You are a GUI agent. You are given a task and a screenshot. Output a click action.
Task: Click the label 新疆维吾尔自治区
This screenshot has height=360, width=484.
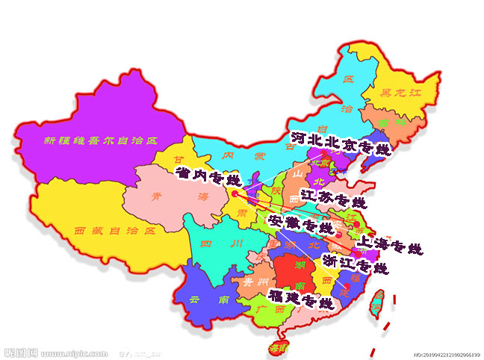coord(102,140)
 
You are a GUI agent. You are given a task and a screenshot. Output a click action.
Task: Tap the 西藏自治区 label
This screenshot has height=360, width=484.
coord(114,231)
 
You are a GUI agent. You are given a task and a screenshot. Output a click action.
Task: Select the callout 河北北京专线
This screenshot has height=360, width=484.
coord(341,144)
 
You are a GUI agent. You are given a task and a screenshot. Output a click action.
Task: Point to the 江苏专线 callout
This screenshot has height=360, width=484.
coord(334,199)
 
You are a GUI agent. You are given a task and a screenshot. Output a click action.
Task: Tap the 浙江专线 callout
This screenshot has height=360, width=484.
coord(355,263)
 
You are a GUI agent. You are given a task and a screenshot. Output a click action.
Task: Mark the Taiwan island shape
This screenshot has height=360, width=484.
coord(379,302)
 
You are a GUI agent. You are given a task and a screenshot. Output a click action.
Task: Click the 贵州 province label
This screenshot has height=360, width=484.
coord(249,283)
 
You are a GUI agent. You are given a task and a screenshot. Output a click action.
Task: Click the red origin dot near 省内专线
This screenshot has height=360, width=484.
coord(234,193)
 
